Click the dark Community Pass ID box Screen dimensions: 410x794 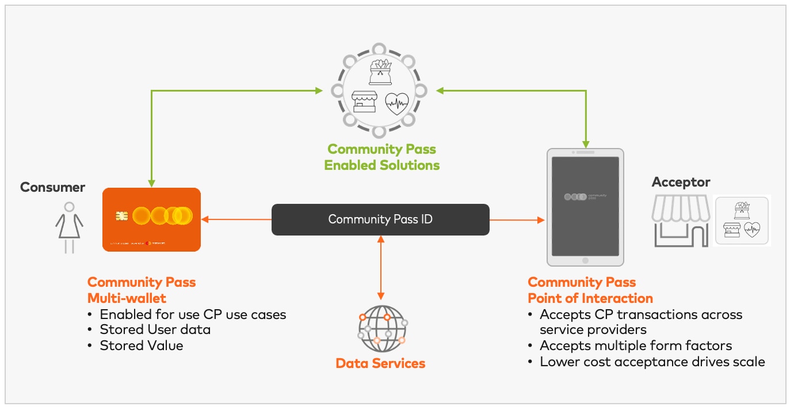pos(380,219)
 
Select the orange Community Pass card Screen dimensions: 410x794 pos(151,219)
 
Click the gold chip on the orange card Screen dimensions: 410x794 pos(121,216)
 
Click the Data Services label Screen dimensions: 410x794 pos(380,363)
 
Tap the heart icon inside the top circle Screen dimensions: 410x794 pos(396,103)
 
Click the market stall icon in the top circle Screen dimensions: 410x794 pos(364,102)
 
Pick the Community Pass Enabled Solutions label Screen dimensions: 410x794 pos(381,157)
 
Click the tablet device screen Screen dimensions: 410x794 pos(585,206)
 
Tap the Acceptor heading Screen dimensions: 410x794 pos(681,183)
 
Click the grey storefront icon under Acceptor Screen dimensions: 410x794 pos(680,221)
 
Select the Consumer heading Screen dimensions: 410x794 pos(52,187)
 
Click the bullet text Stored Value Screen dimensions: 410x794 pos(142,346)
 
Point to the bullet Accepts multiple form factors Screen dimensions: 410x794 pos(636,346)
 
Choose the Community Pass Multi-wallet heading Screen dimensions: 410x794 pos(142,290)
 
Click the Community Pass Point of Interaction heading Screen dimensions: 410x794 pos(590,290)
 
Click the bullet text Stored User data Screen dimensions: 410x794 pos(155,330)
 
